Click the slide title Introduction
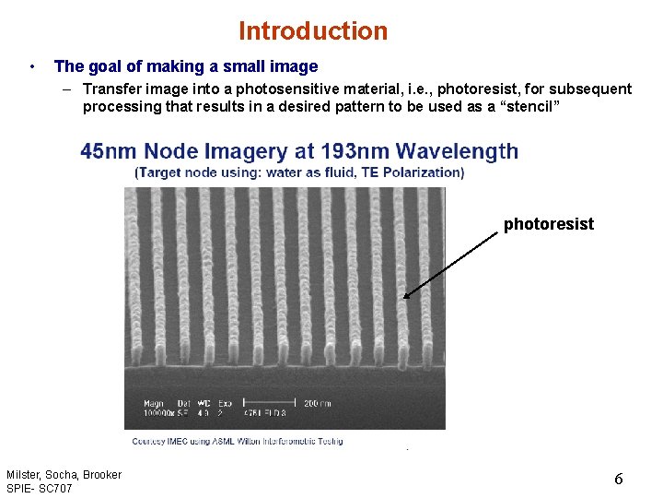(313, 31)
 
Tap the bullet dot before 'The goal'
(32, 66)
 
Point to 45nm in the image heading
(105, 151)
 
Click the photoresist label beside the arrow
(548, 224)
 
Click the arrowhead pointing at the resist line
(406, 295)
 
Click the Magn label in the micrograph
(154, 403)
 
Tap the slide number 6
(619, 479)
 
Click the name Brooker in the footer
(101, 475)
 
